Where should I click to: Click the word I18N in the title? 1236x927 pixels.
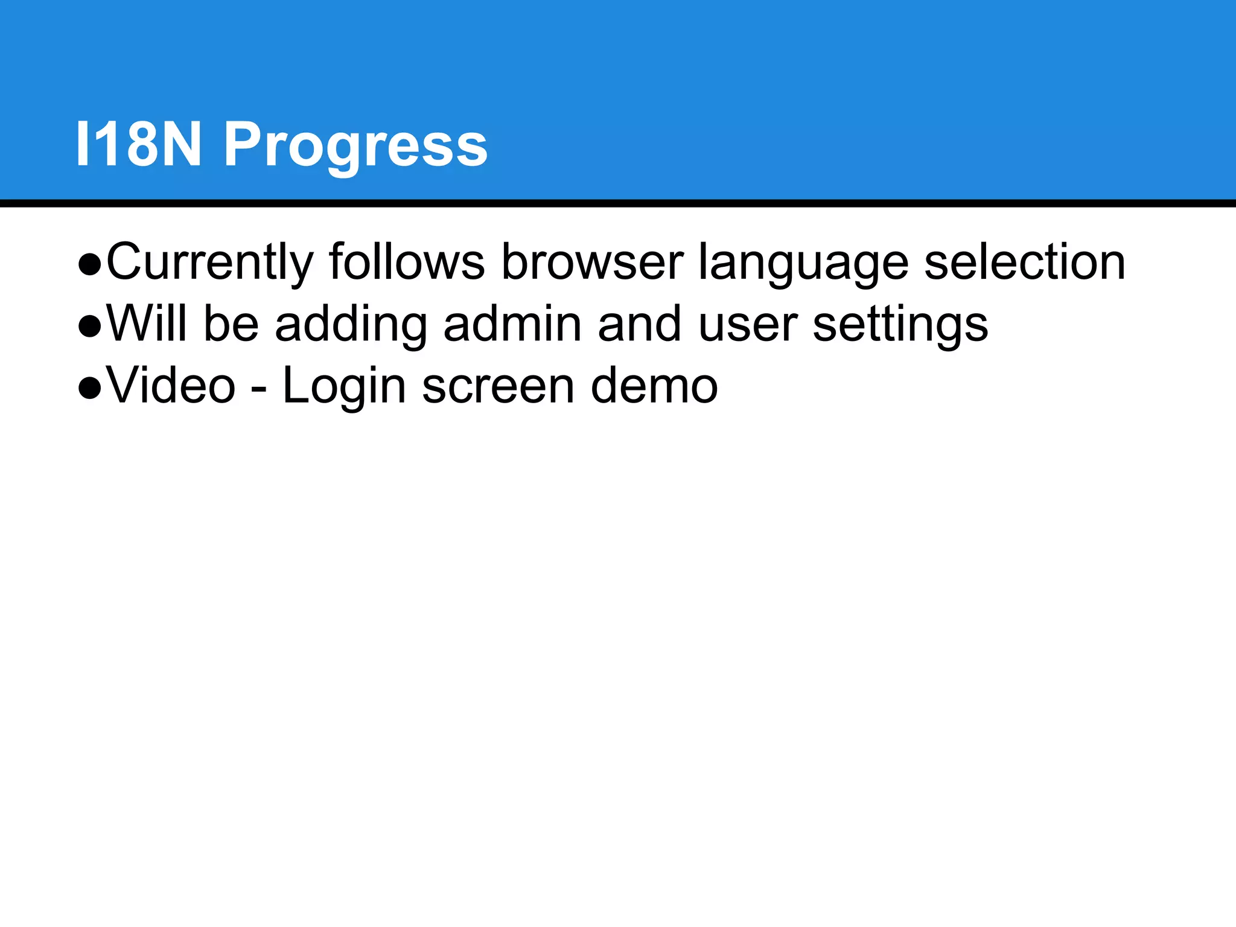(x=138, y=144)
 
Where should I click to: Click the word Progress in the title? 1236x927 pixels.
(x=355, y=146)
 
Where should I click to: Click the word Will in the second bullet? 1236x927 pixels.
(x=147, y=323)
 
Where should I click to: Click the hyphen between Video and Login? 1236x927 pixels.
(x=259, y=389)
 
